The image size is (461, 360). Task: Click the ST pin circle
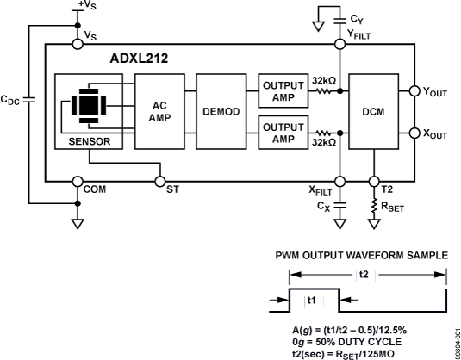coord(160,181)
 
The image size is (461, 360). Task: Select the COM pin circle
coord(77,181)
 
